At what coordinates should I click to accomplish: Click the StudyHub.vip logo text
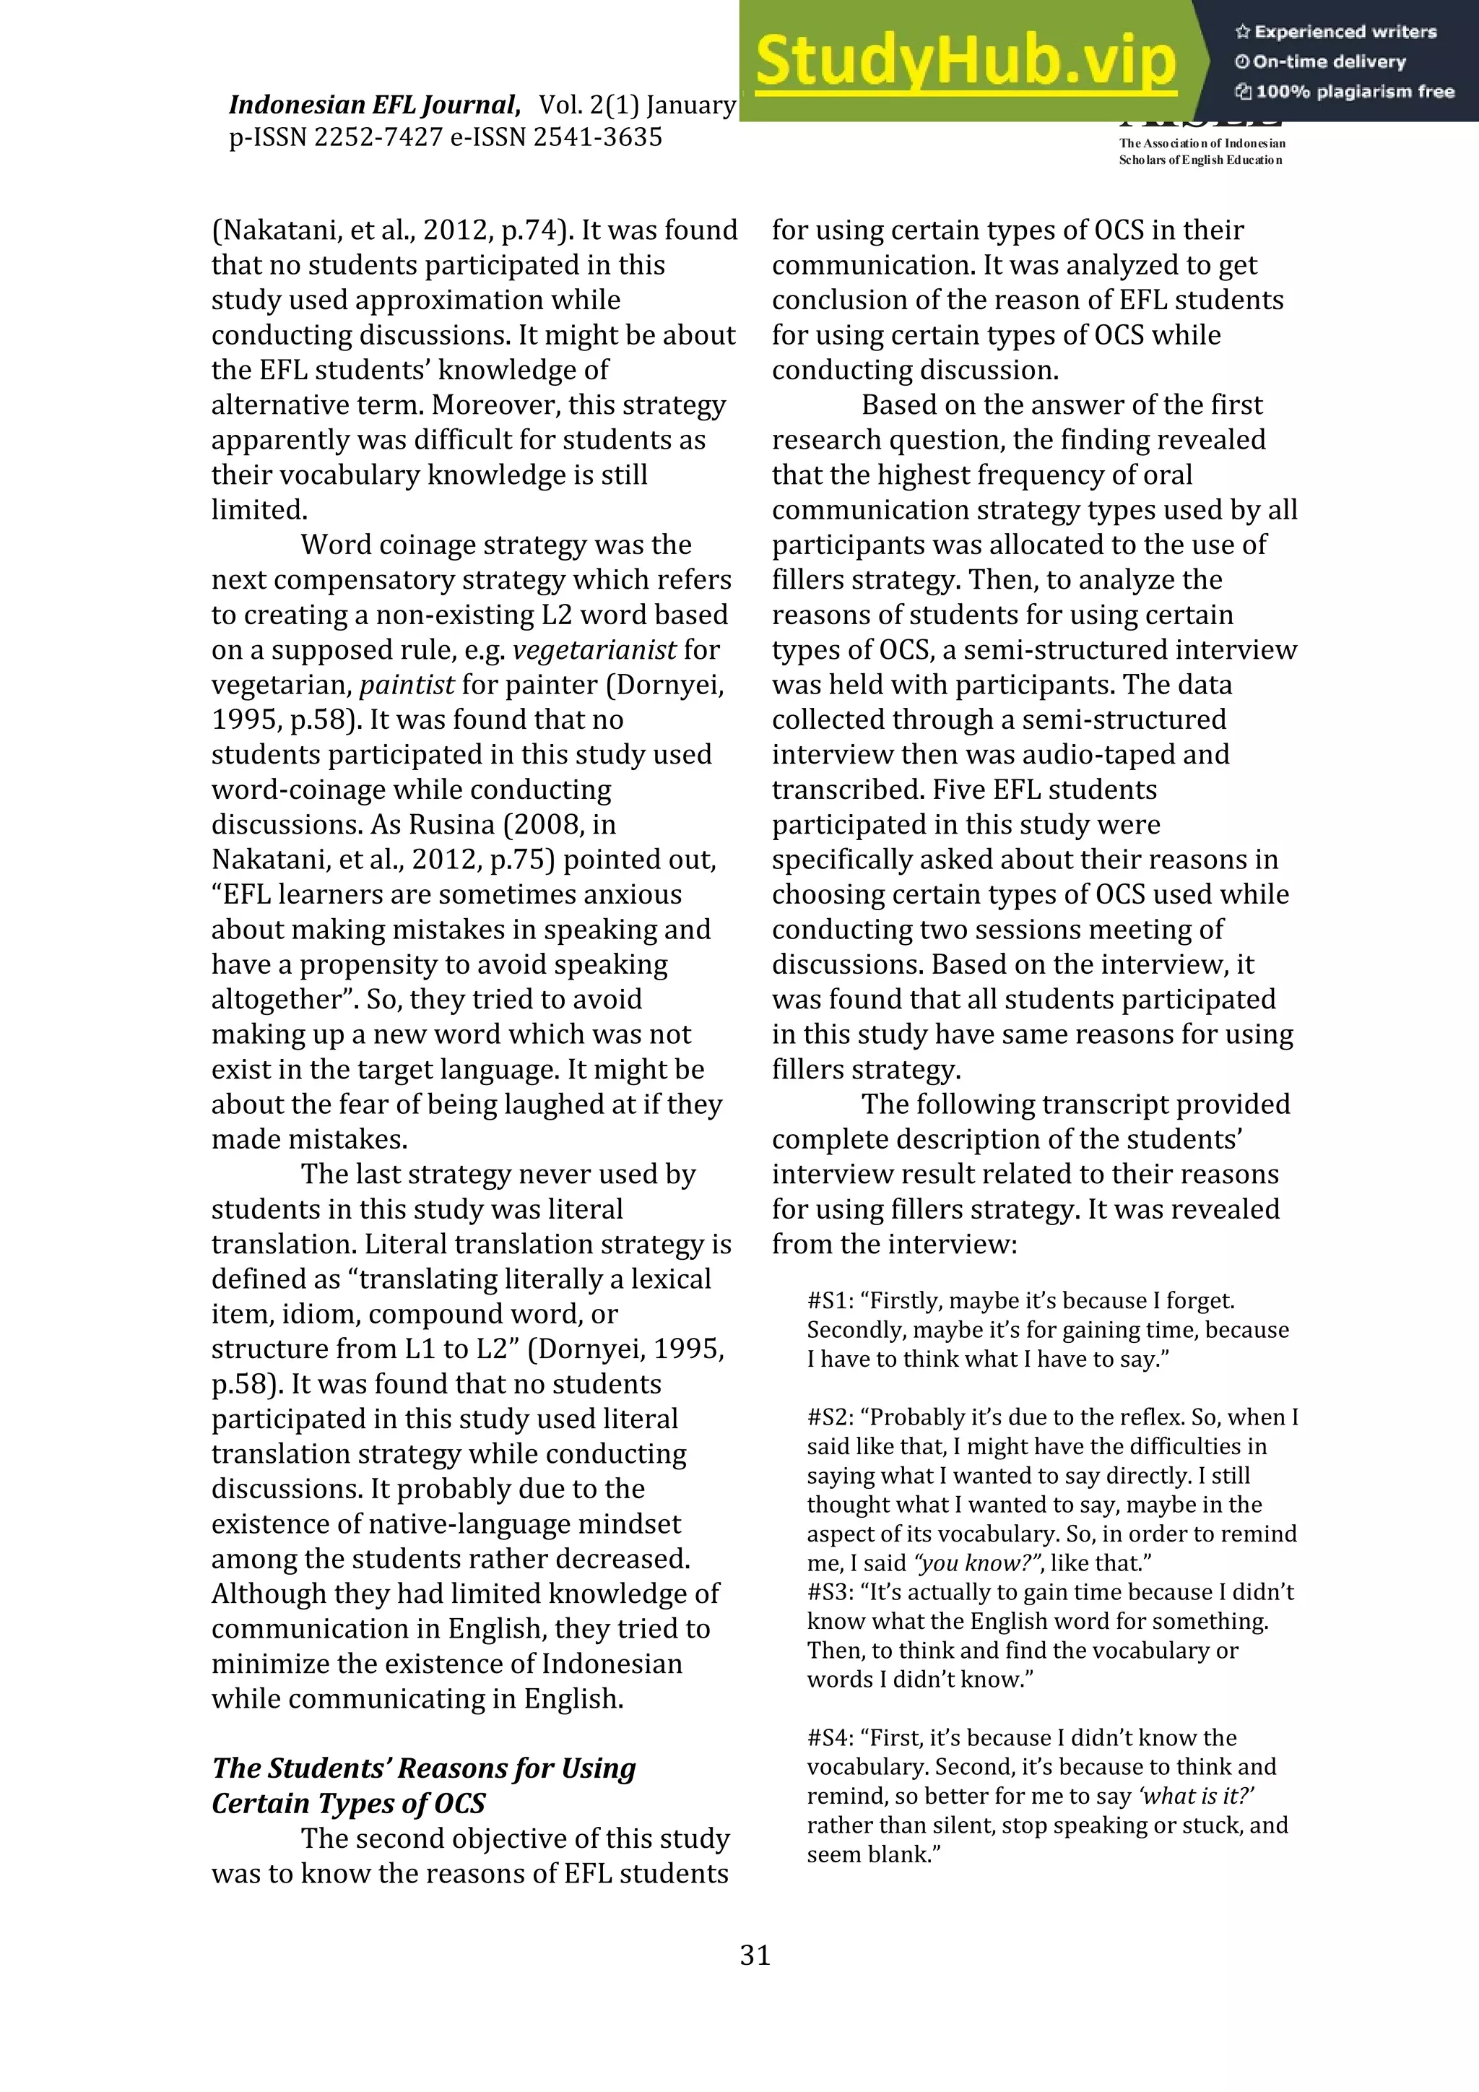pos(966,61)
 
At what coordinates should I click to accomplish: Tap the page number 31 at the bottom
pos(755,1955)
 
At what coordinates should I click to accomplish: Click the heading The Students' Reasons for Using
pos(423,1768)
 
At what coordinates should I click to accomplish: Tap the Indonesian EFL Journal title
pos(373,105)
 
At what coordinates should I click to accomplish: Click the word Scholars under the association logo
pos(1138,160)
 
